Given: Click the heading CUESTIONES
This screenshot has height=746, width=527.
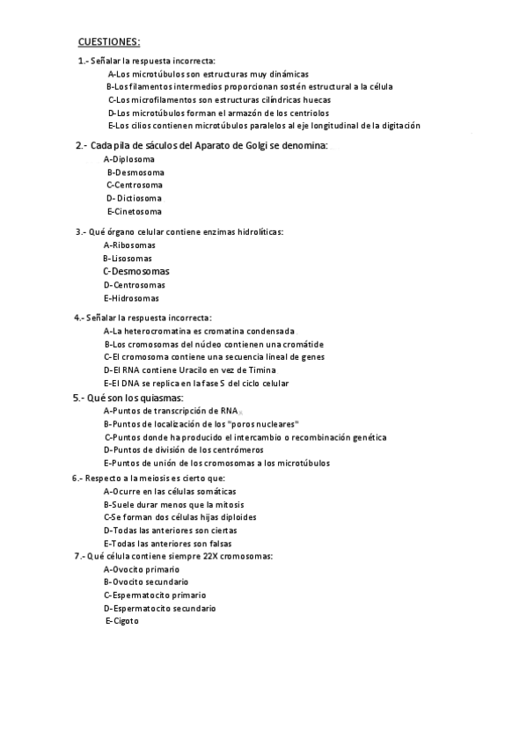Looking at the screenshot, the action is (x=109, y=41).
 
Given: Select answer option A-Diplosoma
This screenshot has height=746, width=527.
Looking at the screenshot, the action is (x=129, y=159).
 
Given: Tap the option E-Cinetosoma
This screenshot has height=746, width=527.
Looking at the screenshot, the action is (x=135, y=211).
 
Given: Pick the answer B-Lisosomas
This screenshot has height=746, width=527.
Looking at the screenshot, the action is (x=128, y=259).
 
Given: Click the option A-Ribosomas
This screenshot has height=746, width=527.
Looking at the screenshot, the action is (x=129, y=245).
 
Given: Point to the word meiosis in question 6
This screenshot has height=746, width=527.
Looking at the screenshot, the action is (x=145, y=478).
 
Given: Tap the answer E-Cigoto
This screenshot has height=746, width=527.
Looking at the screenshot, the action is (x=122, y=621).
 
